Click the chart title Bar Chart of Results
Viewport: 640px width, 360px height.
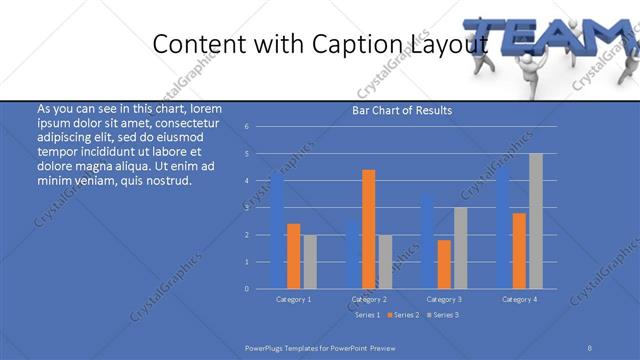pyautogui.click(x=402, y=110)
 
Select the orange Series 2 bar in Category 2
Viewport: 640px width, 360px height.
pyautogui.click(x=369, y=229)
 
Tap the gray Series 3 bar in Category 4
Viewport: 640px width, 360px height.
pyautogui.click(x=536, y=221)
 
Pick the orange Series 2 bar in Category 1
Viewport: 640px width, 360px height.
pyautogui.click(x=294, y=256)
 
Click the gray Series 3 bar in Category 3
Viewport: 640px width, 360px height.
pyautogui.click(x=460, y=248)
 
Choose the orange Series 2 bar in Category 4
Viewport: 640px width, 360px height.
pyautogui.click(x=519, y=250)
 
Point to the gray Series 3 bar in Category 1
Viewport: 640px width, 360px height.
pyautogui.click(x=310, y=261)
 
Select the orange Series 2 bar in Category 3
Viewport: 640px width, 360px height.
pyautogui.click(x=444, y=264)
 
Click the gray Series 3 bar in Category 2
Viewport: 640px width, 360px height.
pyautogui.click(x=386, y=261)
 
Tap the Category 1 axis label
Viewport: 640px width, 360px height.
pyautogui.click(x=294, y=299)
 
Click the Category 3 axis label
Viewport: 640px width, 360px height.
pyautogui.click(x=444, y=299)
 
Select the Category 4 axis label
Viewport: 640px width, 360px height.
pyautogui.click(x=519, y=299)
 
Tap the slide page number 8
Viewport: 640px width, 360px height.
pyautogui.click(x=590, y=346)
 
